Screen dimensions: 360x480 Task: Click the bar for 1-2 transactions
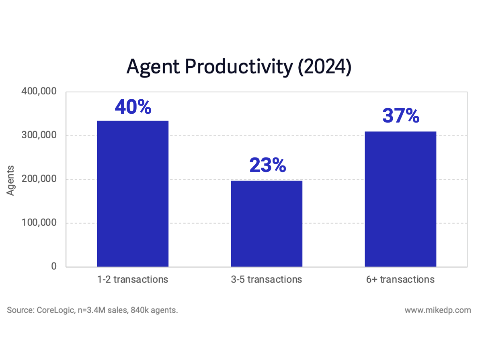pos(133,194)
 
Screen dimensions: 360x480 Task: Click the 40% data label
pos(133,107)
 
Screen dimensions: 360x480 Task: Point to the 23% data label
pos(267,166)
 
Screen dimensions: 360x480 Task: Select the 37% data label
pos(401,116)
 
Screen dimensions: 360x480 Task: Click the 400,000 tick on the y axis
pos(39,92)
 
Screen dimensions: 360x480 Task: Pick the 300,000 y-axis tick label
pos(39,135)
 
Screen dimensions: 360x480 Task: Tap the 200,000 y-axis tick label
pos(39,179)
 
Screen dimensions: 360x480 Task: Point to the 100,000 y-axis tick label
pos(39,223)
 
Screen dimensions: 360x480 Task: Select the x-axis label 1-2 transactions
pos(133,279)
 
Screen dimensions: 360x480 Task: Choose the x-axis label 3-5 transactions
pos(267,279)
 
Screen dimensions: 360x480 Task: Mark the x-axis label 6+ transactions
pos(400,279)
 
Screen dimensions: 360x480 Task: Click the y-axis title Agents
pos(11,180)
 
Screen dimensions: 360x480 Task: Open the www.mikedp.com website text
pos(438,310)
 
